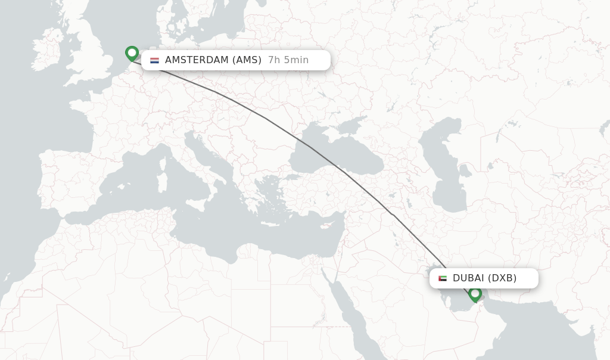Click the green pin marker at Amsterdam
(x=132, y=54)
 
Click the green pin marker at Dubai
(x=475, y=294)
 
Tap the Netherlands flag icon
(x=154, y=60)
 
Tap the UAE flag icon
(x=442, y=278)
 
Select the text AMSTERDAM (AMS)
(x=213, y=60)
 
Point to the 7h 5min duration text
(x=288, y=60)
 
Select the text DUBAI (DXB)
(x=484, y=278)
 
